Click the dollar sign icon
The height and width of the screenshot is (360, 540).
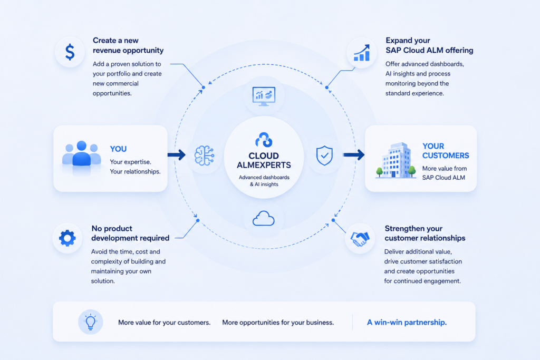70,52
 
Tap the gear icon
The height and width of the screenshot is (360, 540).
67,238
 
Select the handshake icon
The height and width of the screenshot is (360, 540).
360,239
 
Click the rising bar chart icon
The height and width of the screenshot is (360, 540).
362,53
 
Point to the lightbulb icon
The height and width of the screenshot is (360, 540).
91,322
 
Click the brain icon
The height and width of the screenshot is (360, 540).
204,155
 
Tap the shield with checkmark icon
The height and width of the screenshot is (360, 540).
324,155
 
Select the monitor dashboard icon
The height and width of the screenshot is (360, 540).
264,96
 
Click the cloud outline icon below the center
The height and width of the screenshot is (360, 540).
264,218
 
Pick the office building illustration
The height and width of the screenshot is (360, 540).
396,160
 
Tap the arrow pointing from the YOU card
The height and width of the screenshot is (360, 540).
177,155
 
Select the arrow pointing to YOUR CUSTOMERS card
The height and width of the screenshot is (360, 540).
354,155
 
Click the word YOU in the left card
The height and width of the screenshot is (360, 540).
118,149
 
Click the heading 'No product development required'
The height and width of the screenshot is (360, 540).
130,233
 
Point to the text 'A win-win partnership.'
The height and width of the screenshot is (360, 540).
407,323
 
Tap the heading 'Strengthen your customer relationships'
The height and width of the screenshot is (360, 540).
425,233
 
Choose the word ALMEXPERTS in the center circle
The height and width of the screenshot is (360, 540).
264,165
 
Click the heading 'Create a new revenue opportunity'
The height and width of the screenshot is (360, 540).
128,45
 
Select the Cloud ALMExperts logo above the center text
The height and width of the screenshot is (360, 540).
264,140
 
